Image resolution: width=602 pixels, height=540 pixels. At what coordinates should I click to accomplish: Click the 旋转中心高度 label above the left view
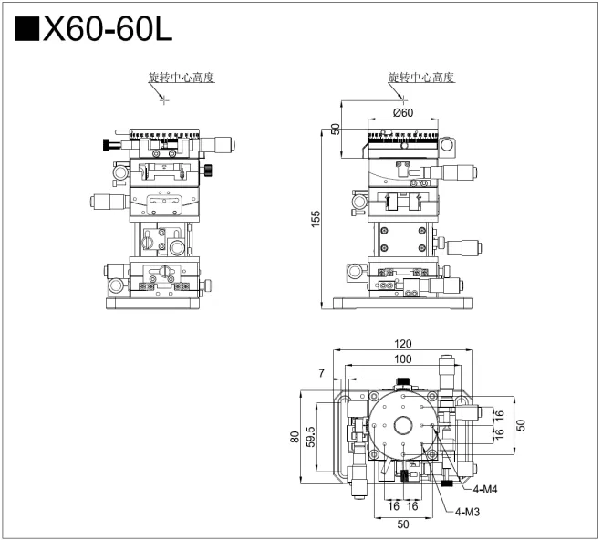pos(181,78)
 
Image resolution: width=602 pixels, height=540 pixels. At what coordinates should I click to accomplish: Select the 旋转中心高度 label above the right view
pos(420,78)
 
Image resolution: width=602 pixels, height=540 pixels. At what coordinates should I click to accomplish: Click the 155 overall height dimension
pos(315,219)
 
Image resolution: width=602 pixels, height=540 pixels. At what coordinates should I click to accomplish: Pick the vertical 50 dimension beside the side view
pos(336,129)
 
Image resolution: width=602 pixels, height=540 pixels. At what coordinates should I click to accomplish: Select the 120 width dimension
pos(403,344)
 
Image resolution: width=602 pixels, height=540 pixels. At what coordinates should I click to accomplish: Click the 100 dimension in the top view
pos(402,359)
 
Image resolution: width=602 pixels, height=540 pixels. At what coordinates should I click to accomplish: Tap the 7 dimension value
pos(321,373)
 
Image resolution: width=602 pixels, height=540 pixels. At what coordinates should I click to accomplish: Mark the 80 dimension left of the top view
pos(295,436)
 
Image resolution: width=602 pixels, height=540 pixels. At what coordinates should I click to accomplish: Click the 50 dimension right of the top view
pos(521,425)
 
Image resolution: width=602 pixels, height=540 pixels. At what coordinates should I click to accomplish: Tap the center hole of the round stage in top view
pos(402,425)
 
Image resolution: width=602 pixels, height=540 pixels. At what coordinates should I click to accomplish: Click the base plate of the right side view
pos(402,304)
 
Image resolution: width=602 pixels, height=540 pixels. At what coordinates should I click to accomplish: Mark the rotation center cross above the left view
pos(164,99)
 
